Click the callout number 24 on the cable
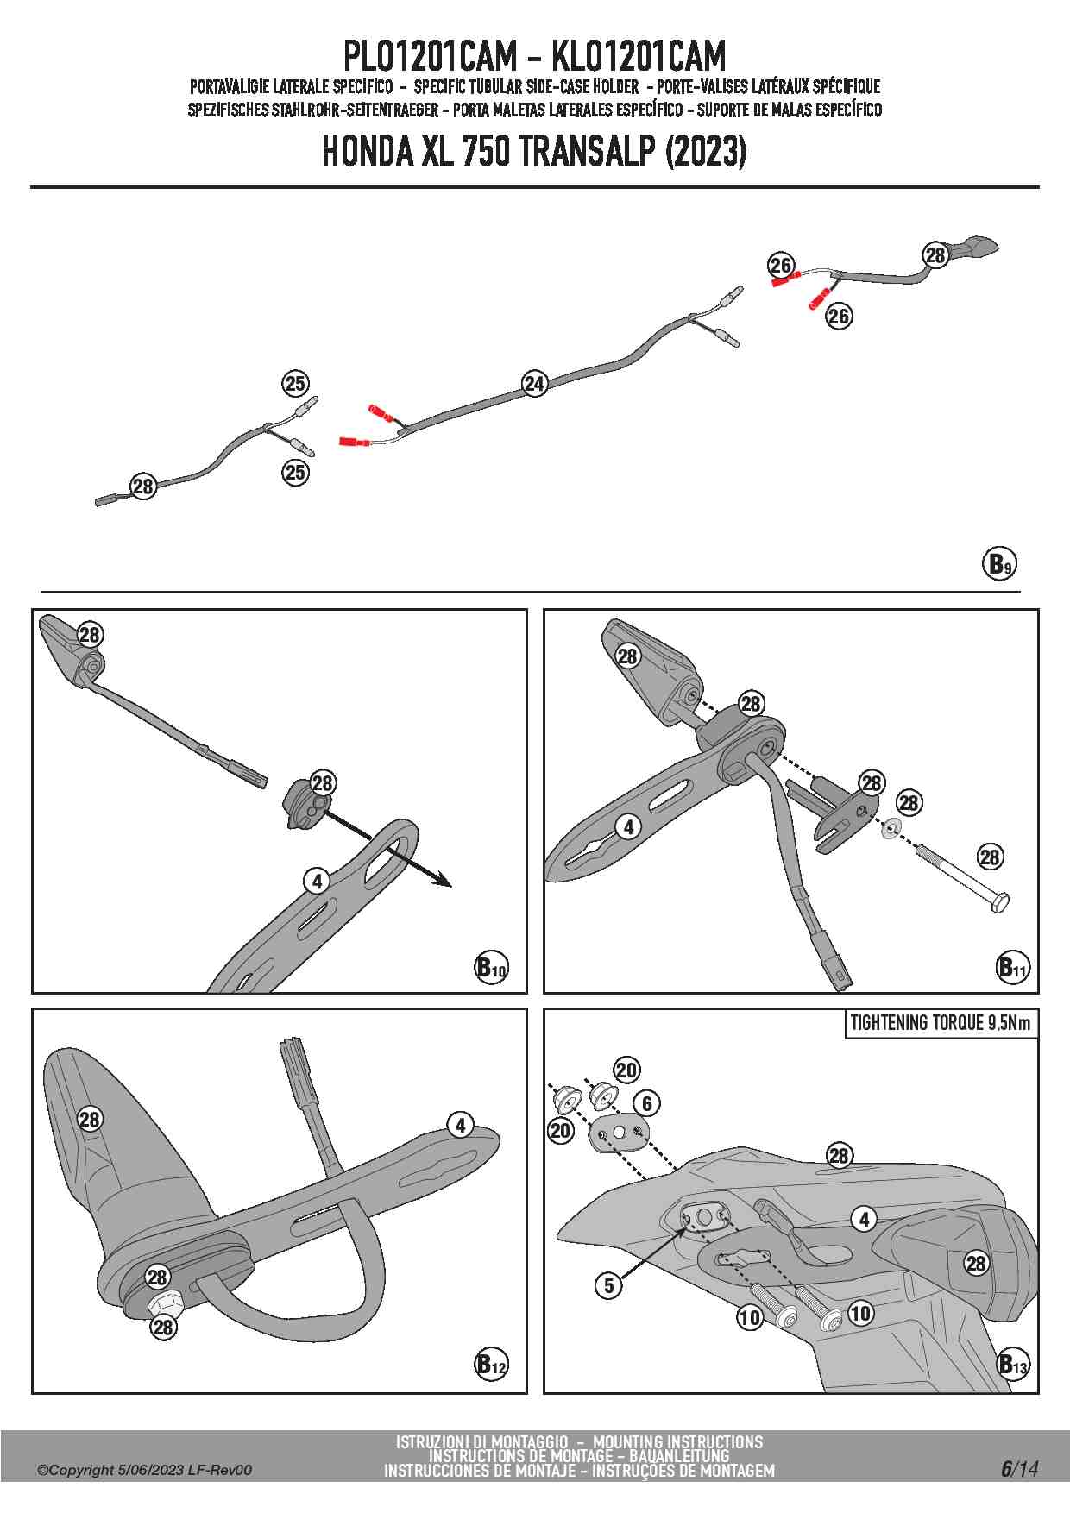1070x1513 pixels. pos(535,384)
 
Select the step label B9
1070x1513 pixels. pos(999,564)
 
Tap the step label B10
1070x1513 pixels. pos(491,967)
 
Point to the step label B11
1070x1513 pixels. pos(1013,967)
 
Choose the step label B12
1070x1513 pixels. pos(491,1364)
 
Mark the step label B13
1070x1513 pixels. pos(1013,1364)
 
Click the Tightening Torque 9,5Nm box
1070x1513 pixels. pos(940,1024)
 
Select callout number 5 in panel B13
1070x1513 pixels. pos(609,1285)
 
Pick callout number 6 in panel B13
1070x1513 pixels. pos(646,1102)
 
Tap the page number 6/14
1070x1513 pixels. pos(1019,1469)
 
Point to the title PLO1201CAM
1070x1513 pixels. pos(429,57)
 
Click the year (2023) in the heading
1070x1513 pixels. pos(706,152)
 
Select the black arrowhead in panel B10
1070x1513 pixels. pos(442,881)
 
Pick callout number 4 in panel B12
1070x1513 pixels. pos(461,1125)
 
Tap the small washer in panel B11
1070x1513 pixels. pos(891,829)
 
